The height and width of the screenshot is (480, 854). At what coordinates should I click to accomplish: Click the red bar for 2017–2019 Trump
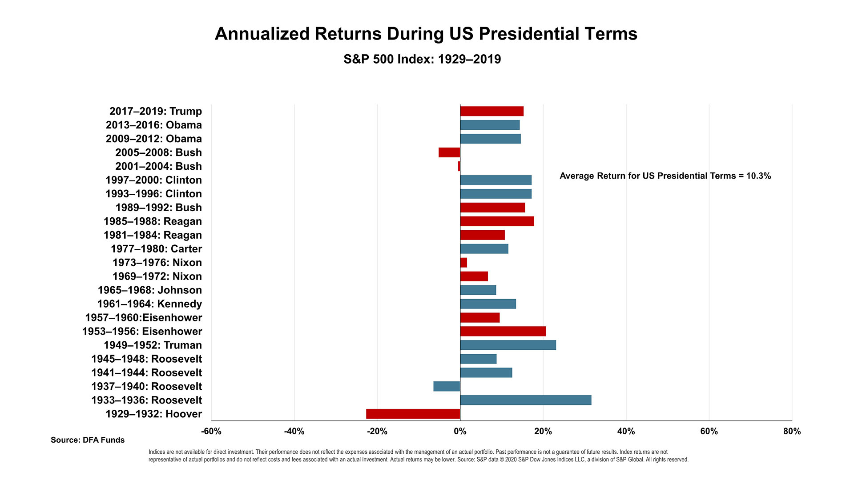[491, 111]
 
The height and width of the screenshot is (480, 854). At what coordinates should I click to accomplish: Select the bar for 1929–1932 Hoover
[413, 414]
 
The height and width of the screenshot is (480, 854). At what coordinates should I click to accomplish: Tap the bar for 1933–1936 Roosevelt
[525, 400]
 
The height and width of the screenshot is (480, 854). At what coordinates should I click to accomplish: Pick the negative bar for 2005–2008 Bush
[449, 152]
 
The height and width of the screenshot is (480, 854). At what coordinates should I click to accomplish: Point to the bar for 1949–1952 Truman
[508, 345]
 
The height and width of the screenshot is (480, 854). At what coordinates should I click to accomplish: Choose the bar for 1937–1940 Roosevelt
[447, 386]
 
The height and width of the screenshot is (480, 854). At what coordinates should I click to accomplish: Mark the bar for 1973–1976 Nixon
[463, 263]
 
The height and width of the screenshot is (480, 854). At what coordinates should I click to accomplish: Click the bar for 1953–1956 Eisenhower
[503, 331]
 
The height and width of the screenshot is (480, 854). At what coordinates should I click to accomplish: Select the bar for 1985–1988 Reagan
[497, 221]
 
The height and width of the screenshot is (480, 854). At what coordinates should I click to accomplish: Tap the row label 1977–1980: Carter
[156, 249]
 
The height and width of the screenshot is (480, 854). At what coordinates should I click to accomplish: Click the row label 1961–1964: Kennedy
[149, 304]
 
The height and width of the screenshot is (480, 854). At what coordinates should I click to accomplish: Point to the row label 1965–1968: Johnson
[149, 290]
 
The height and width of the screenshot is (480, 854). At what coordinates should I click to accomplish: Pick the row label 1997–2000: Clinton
[153, 180]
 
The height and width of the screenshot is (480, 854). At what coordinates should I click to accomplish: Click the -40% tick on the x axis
[294, 431]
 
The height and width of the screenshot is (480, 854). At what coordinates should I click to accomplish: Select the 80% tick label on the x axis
[792, 431]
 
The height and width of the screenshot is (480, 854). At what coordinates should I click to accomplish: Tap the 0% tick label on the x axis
[460, 431]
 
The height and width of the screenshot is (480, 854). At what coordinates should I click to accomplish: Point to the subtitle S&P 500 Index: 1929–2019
[422, 59]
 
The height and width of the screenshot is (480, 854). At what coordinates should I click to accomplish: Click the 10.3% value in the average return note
[758, 176]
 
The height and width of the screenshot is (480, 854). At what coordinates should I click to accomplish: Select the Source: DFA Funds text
[88, 440]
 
